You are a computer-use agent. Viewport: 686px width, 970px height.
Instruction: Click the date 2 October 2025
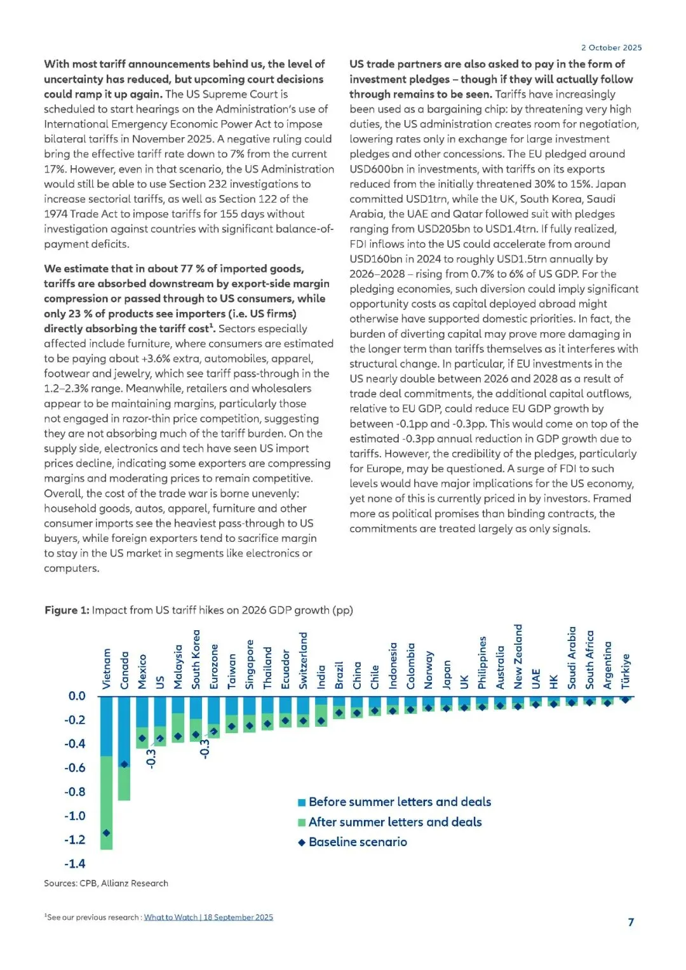point(611,48)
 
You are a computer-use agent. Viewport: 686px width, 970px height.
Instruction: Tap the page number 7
point(631,922)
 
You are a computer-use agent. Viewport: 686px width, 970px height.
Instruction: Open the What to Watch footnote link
point(208,917)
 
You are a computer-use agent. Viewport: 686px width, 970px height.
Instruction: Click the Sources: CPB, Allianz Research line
point(106,883)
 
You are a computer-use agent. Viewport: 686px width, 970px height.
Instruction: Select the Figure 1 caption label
point(67,610)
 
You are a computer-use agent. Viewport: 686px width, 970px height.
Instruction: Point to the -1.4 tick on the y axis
point(74,863)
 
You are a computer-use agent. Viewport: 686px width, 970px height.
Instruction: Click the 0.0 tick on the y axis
point(76,696)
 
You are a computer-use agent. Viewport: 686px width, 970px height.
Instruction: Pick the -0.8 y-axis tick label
point(74,791)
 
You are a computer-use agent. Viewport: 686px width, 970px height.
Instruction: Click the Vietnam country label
point(107,668)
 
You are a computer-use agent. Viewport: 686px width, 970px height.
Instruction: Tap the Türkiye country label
point(626,671)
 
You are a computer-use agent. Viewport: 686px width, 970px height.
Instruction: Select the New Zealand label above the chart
point(518,656)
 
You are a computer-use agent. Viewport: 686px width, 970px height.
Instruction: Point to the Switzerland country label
point(304,660)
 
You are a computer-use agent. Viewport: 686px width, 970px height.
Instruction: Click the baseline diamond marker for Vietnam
point(107,833)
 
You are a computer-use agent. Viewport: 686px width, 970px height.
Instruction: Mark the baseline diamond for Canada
point(124,764)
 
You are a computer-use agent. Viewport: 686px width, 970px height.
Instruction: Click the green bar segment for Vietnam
point(107,800)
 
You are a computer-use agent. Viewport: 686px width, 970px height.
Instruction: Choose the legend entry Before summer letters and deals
point(400,802)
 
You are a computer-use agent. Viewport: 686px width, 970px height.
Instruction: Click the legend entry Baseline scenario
point(358,842)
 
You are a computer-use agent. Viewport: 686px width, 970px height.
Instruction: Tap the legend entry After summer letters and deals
point(394,822)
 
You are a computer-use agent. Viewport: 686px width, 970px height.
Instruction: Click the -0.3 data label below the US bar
point(151,758)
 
